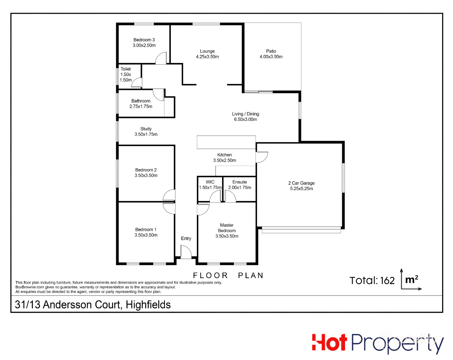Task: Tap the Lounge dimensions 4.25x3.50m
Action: click(207, 57)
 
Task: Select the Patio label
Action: click(271, 51)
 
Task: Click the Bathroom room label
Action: click(141, 101)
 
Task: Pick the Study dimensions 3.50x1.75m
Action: click(146, 134)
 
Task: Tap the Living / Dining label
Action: click(246, 114)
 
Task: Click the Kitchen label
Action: click(225, 155)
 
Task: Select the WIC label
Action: click(210, 182)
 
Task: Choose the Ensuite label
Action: click(239, 182)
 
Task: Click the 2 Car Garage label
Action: click(301, 183)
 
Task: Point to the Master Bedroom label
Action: click(227, 228)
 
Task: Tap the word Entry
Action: click(186, 238)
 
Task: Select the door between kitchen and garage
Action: click(262, 157)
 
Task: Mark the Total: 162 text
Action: click(372, 281)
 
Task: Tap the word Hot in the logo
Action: click(329, 343)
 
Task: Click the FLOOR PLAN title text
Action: click(228, 276)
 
